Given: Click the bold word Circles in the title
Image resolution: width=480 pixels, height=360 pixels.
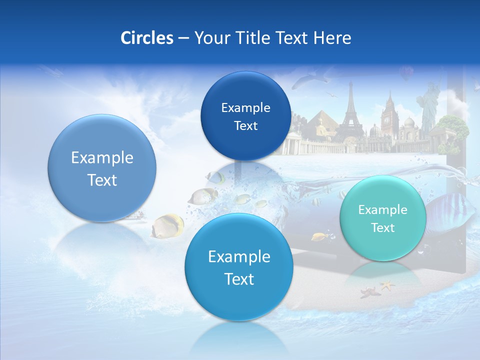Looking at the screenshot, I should click(147, 38).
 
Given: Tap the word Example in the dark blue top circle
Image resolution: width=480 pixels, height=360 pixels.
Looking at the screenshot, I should click(245, 107).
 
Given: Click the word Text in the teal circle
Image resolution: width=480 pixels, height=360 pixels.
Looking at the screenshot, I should click(382, 228).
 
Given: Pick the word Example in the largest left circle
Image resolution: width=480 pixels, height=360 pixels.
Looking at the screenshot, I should click(102, 157).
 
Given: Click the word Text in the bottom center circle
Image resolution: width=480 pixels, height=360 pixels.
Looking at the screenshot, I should click(239, 279).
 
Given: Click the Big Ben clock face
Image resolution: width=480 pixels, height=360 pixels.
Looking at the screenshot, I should click(386, 120).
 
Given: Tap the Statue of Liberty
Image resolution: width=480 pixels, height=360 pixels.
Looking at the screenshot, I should click(429, 107).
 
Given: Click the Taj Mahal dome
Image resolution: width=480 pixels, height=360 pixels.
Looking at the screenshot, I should click(409, 122).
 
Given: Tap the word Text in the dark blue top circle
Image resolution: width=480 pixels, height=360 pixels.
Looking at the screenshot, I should click(245, 126).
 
